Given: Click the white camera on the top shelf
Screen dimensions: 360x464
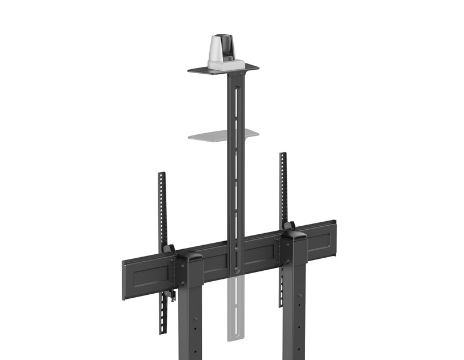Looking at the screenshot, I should point(221,51).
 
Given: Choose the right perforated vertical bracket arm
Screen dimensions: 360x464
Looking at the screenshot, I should point(282,189).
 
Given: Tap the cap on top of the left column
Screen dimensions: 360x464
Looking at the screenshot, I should point(190,256).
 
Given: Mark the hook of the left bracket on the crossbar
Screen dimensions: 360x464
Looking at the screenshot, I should point(169,249).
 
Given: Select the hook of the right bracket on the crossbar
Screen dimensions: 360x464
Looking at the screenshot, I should point(289,226).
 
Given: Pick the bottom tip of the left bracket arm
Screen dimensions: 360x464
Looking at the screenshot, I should point(163,330).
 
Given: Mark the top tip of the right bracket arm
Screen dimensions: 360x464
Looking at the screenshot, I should point(282,155).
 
